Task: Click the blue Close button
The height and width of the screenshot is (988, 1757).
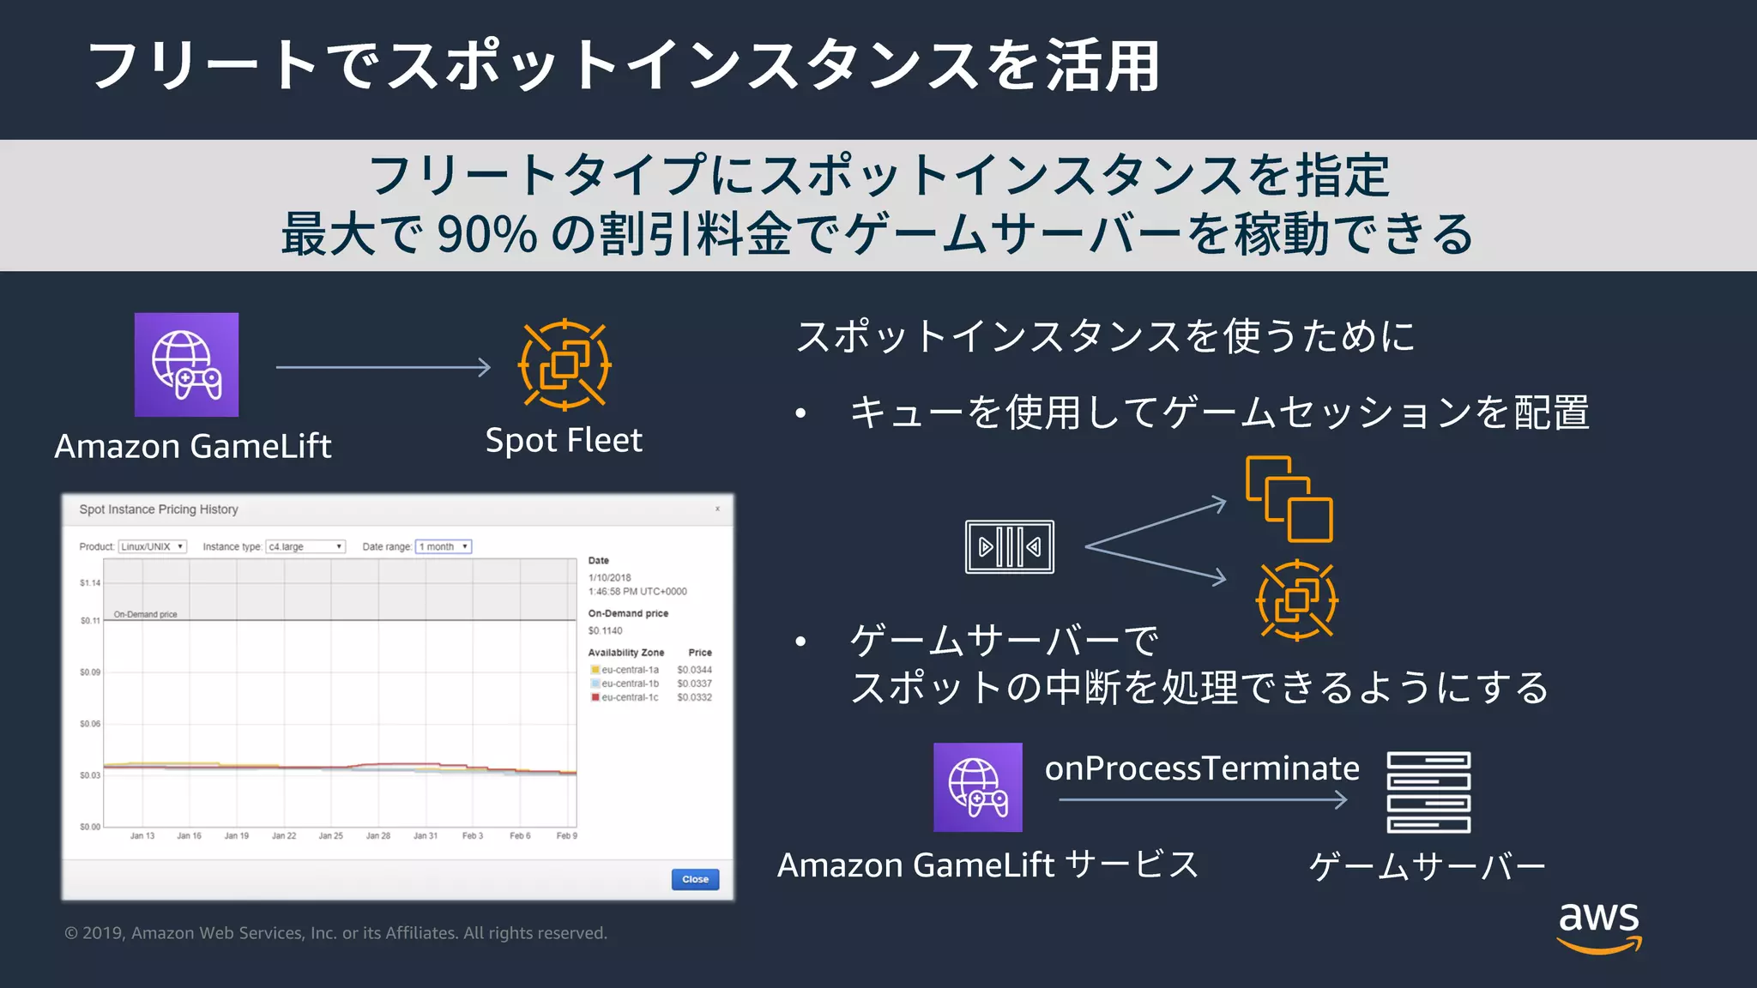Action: (695, 879)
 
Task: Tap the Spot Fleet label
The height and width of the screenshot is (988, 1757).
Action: (564, 440)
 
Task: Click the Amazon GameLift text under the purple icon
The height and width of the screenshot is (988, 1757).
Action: (193, 446)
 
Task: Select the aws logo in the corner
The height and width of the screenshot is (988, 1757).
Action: (1599, 925)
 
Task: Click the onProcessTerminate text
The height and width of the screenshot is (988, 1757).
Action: (1202, 768)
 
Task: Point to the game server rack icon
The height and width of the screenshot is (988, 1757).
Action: (1428, 792)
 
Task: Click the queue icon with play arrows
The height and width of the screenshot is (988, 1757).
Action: (1010, 546)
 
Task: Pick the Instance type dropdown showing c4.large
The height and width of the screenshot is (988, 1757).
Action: (305, 546)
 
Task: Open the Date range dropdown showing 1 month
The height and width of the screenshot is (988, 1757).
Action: (444, 546)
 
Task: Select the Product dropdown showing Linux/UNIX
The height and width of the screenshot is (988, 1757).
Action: (153, 546)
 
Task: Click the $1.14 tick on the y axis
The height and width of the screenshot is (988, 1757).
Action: (90, 583)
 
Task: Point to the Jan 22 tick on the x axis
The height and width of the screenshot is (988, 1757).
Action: (284, 835)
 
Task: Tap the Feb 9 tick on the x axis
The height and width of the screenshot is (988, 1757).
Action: (567, 835)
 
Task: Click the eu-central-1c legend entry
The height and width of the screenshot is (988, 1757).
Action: (629, 697)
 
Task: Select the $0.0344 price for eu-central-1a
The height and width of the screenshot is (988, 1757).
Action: (694, 670)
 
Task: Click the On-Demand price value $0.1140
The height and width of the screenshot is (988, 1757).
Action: (606, 630)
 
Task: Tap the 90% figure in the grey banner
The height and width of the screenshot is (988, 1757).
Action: (486, 233)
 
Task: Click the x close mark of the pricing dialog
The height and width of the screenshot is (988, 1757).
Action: (717, 509)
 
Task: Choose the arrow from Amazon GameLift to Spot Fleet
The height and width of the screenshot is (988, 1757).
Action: (383, 367)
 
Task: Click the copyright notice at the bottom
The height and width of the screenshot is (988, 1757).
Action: (335, 933)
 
